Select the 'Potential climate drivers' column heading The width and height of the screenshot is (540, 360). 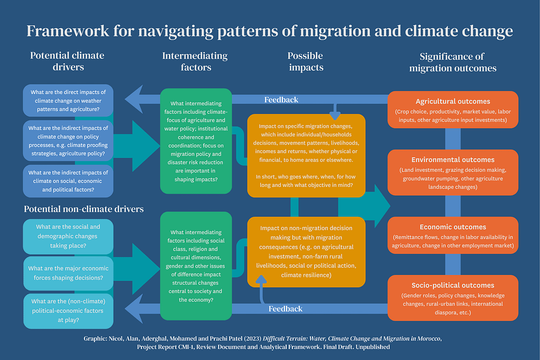tap(67, 61)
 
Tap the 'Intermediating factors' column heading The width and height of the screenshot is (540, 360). tap(195, 61)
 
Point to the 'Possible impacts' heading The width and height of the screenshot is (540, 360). tap(305, 61)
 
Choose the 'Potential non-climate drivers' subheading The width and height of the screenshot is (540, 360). tap(84, 209)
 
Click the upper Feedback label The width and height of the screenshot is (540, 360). tap(281, 100)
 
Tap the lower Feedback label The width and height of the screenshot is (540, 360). tap(285, 309)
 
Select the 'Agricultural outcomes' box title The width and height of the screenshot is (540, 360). tap(452, 101)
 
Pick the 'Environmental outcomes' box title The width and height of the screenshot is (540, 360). tap(452, 159)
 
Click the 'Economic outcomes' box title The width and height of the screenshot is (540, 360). tap(452, 227)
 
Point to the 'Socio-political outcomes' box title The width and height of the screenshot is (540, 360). tap(452, 285)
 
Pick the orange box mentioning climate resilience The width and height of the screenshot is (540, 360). tap(306, 251)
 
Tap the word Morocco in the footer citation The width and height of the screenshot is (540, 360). tap(426, 338)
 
